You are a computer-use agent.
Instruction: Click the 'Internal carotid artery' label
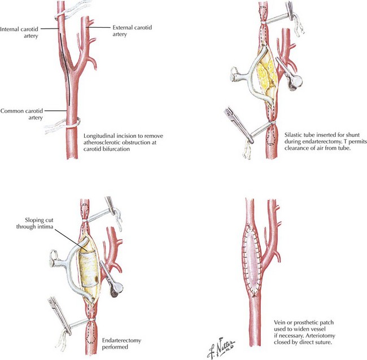19,33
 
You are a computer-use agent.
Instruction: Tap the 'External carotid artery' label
132,31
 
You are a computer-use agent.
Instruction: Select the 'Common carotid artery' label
21,114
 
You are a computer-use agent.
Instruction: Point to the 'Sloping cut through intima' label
34,223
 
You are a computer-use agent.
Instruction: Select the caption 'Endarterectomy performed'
121,344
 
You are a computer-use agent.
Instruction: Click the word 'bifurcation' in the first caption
116,149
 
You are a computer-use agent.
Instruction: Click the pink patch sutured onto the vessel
251,259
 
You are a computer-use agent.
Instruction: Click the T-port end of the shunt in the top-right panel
234,75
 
